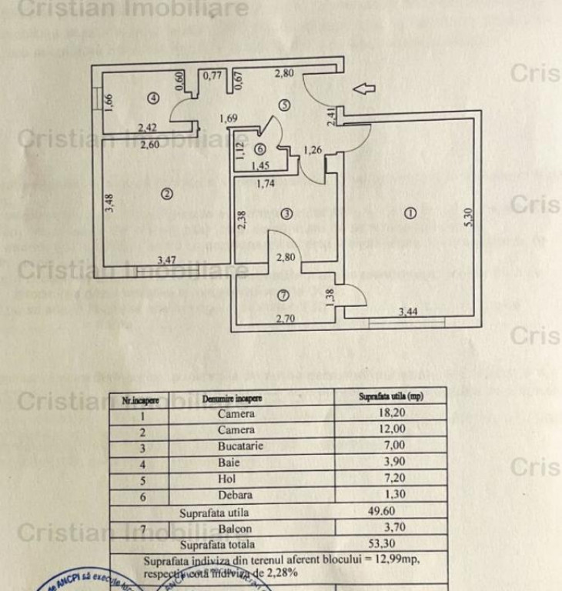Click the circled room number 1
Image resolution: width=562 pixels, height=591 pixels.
click(x=410, y=213)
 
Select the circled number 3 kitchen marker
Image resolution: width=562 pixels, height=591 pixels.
click(x=286, y=213)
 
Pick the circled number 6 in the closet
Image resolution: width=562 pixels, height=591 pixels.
click(x=260, y=149)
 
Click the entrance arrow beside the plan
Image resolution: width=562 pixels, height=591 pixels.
click(x=363, y=88)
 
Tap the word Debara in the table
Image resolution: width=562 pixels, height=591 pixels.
click(x=236, y=495)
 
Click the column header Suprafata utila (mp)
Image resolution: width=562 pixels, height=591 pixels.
click(x=392, y=398)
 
